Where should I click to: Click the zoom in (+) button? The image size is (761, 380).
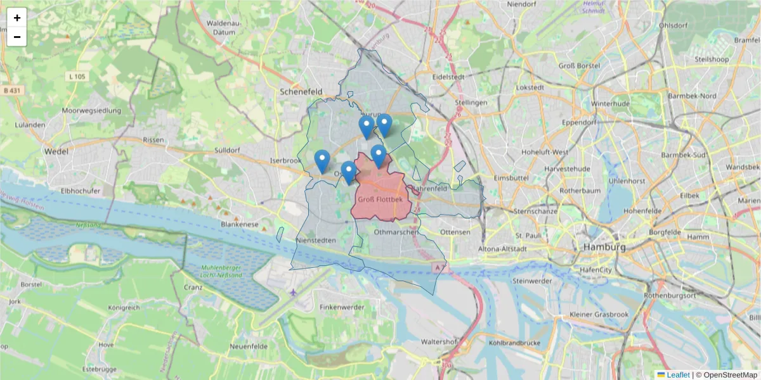[x=17, y=18]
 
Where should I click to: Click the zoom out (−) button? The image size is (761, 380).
[x=17, y=37]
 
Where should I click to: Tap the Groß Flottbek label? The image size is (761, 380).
[x=380, y=199]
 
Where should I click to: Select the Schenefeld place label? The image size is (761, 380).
[x=302, y=91]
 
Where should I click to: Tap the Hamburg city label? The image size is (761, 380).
[x=605, y=246]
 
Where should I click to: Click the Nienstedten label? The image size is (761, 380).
[x=316, y=241]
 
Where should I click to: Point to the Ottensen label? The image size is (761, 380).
[x=455, y=232]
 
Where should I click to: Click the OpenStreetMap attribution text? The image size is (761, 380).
[x=726, y=375]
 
